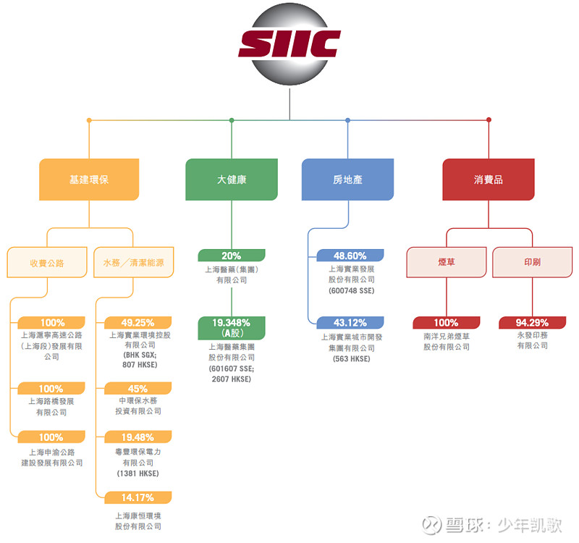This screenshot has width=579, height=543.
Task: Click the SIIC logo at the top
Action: coord(289,43)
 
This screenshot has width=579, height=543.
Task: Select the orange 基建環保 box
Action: coord(89,180)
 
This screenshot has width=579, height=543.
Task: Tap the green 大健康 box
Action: coord(232,180)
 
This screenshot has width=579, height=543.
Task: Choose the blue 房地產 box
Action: coord(348,180)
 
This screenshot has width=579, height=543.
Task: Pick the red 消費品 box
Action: coord(489,180)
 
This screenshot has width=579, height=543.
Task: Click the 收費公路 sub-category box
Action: coord(47,263)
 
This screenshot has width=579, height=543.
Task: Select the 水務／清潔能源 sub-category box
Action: coord(133,263)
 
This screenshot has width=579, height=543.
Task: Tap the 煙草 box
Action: coord(446,262)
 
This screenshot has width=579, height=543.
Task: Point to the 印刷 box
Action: coord(532,262)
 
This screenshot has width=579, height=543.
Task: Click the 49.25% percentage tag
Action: coord(138,323)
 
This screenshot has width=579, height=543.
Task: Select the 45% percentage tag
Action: coord(138,389)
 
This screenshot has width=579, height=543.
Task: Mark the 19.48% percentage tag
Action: coord(138,437)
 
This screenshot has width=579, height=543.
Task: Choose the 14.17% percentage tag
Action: coord(138,497)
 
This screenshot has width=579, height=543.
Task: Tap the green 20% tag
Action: coord(232,256)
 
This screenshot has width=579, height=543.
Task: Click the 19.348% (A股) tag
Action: coord(232,328)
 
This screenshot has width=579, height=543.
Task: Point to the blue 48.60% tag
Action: coord(350,256)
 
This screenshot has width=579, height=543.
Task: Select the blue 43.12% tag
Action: coord(350,323)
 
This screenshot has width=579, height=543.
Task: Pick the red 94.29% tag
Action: coord(532,323)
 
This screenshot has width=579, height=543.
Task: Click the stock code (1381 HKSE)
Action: coord(138,473)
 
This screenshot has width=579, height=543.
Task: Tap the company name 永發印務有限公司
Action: coord(532,340)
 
